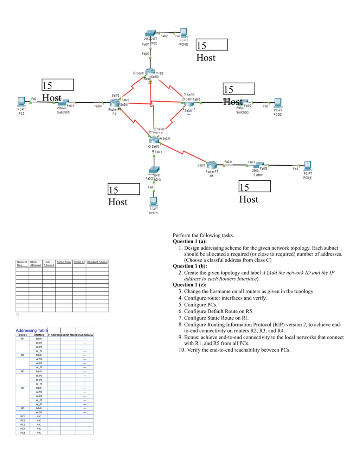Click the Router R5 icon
point(212,165)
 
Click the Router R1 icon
point(115,103)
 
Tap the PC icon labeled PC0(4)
point(308,165)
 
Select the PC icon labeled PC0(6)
point(184,33)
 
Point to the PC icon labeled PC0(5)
point(278,103)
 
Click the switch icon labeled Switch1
point(259,165)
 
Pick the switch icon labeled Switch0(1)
point(63,103)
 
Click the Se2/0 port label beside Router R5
point(201,165)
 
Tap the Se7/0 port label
point(161,129)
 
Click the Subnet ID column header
point(79,262)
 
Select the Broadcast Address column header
point(97,262)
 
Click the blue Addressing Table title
point(32,330)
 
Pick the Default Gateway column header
point(84,335)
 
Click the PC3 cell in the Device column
point(23,425)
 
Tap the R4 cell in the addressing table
point(23,388)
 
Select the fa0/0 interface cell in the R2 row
point(39,355)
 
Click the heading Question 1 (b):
point(190,266)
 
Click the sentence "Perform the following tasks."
point(203,236)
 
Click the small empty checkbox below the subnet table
point(18,315)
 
